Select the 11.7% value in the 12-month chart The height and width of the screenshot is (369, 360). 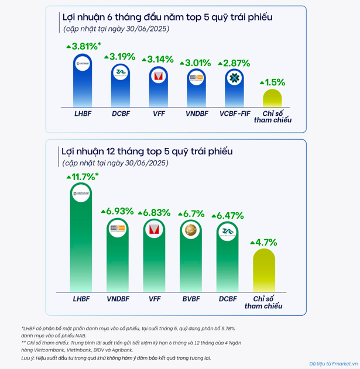point(84,176)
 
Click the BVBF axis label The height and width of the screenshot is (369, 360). point(192,299)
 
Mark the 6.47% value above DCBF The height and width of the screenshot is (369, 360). point(231,216)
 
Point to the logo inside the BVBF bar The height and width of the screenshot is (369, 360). point(192,232)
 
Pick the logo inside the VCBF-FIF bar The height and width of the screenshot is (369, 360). point(234,78)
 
